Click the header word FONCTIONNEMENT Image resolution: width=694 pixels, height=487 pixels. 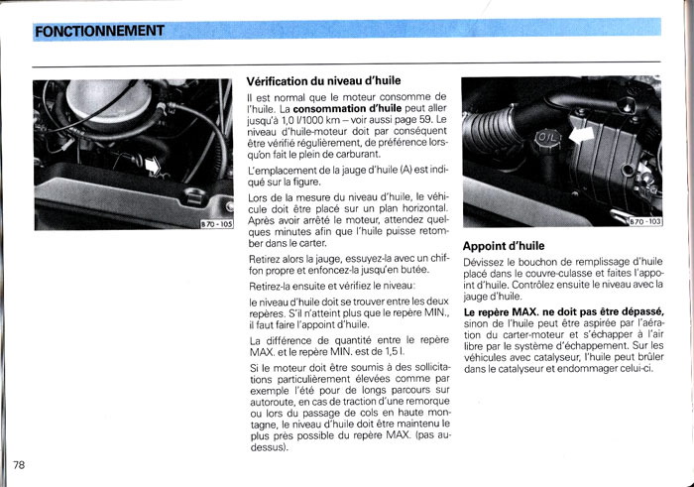point(98,31)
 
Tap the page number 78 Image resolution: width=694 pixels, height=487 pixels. point(21,465)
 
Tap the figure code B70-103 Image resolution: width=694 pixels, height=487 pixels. point(643,221)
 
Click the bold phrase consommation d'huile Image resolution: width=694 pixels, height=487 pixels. point(388,107)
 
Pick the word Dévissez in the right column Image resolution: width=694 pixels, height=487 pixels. point(486,261)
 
